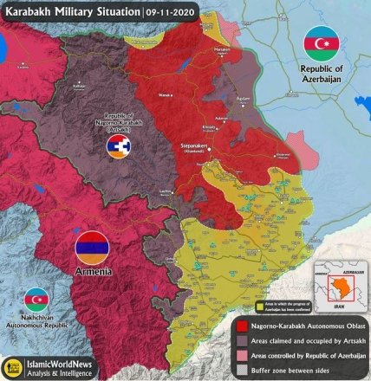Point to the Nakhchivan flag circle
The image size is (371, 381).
tap(36, 300)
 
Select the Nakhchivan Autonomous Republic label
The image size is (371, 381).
tap(36, 325)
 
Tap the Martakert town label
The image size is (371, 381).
tap(222, 51)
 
